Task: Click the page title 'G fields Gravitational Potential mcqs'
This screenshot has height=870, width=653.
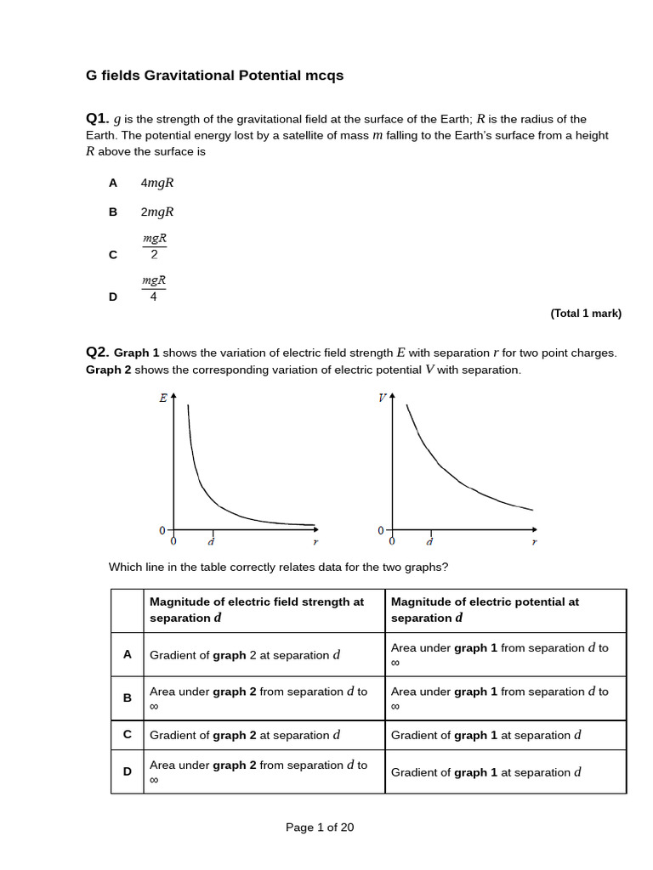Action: tap(214, 76)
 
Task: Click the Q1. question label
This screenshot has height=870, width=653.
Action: tap(98, 118)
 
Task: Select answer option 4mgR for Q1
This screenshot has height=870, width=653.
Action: tap(157, 183)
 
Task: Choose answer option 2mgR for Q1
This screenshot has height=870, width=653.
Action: tap(157, 212)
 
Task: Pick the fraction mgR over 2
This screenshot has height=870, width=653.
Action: tap(154, 247)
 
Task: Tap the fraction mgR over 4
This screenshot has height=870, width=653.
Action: tap(154, 288)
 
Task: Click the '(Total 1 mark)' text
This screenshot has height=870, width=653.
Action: tap(586, 314)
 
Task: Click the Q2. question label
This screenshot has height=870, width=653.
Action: tap(98, 352)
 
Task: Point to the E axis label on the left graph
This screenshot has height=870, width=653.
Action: tap(162, 398)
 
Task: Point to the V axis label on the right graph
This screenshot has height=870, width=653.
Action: tap(382, 398)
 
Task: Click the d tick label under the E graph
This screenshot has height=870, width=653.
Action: tap(211, 541)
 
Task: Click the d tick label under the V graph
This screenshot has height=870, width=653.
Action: tap(429, 541)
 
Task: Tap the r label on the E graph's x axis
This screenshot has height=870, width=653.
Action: tap(315, 541)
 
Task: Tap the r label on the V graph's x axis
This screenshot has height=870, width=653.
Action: tap(534, 541)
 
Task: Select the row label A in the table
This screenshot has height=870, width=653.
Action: tap(128, 654)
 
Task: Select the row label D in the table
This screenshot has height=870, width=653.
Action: tap(128, 771)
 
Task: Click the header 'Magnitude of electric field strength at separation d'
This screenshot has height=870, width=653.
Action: tap(257, 609)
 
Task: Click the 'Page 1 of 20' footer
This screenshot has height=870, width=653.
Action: tap(320, 827)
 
